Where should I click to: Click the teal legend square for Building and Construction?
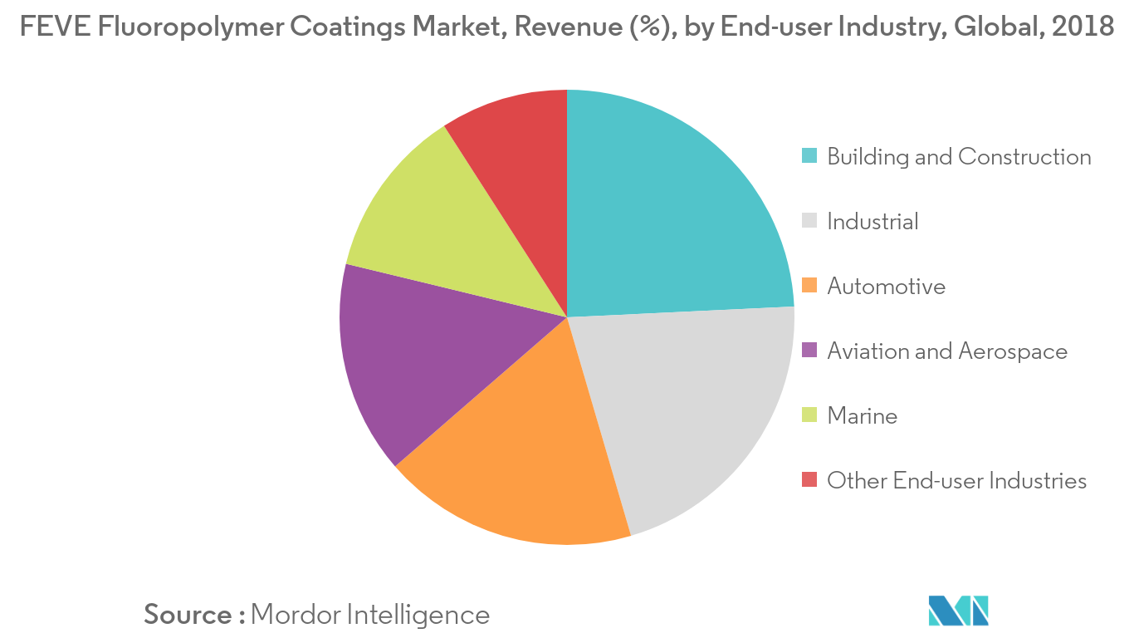pos(809,156)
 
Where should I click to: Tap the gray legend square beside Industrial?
pos(809,221)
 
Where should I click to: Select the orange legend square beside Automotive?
pos(809,286)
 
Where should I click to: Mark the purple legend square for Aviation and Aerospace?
pos(809,351)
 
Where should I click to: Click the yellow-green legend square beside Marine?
pos(809,415)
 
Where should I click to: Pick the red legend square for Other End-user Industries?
pos(809,480)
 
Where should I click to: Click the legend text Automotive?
pos(886,286)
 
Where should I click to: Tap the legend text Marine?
pos(863,415)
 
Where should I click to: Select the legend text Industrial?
pos(872,221)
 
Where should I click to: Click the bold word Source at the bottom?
pos(188,615)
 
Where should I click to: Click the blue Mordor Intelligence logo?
pos(959,611)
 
